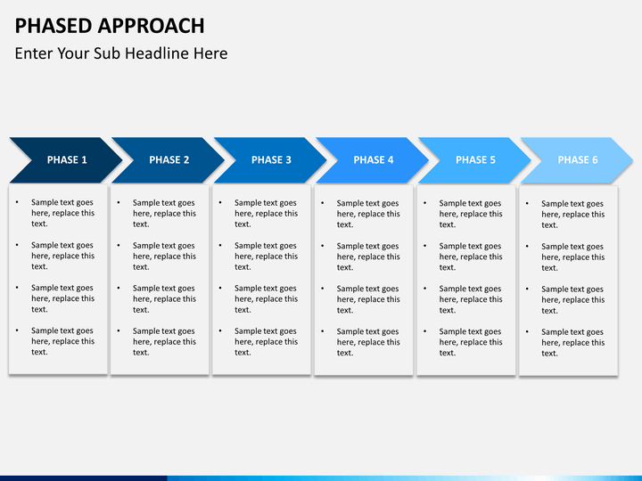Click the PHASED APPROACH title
[110, 26]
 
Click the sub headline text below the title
[121, 53]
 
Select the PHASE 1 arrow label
[67, 160]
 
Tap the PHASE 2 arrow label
[169, 160]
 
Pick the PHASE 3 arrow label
[271, 160]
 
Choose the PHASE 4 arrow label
[374, 160]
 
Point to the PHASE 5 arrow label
[475, 160]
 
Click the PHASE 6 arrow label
[578, 160]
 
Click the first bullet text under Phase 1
[62, 213]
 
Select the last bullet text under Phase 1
[62, 341]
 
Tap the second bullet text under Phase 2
[164, 256]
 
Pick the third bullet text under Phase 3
[266, 298]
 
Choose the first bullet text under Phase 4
[367, 214]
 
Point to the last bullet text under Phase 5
[470, 342]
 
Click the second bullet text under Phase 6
[572, 257]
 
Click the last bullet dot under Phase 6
[528, 332]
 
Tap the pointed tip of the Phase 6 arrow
[632, 160]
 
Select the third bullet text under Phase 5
[470, 299]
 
